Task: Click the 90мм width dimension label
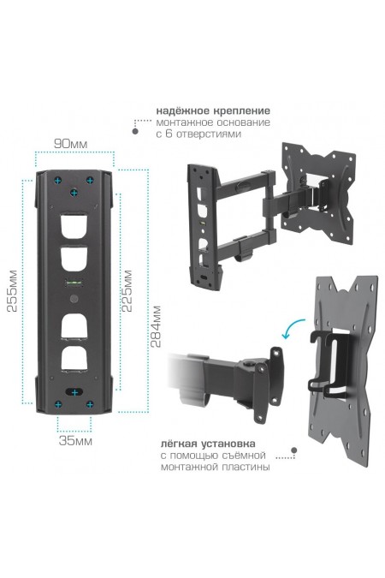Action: coord(71,144)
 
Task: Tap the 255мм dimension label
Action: coord(13,291)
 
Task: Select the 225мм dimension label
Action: coord(127,291)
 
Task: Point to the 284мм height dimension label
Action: coord(157,326)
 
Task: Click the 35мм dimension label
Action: coord(75,441)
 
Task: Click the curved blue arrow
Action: coord(293,327)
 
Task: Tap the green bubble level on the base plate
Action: coord(74,283)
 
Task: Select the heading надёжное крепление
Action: coord(213,110)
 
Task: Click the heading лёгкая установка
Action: coord(208,444)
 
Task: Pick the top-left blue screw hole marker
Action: coord(58,181)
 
